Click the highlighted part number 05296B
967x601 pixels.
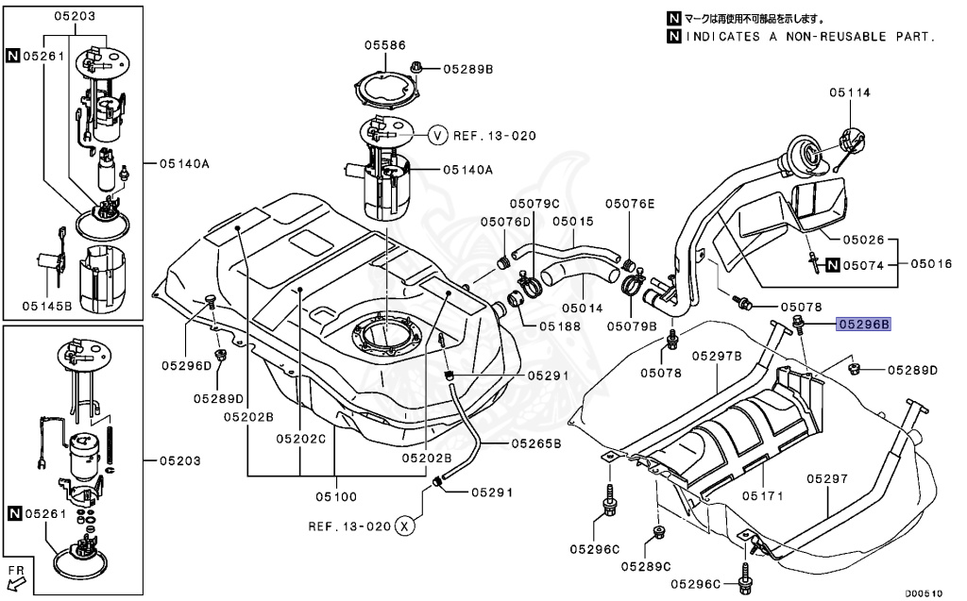pos(862,325)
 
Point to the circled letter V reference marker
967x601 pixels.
pos(437,136)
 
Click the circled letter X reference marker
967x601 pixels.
pos(404,526)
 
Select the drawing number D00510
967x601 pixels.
pos(925,593)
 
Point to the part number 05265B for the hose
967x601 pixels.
pos(536,442)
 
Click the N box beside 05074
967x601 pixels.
pos(833,265)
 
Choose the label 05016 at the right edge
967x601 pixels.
pos(931,265)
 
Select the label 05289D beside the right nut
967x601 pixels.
pos(910,370)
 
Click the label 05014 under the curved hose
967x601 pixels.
pos(584,308)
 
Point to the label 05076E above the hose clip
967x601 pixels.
pos(630,203)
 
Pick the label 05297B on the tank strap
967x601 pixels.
pos(717,356)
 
